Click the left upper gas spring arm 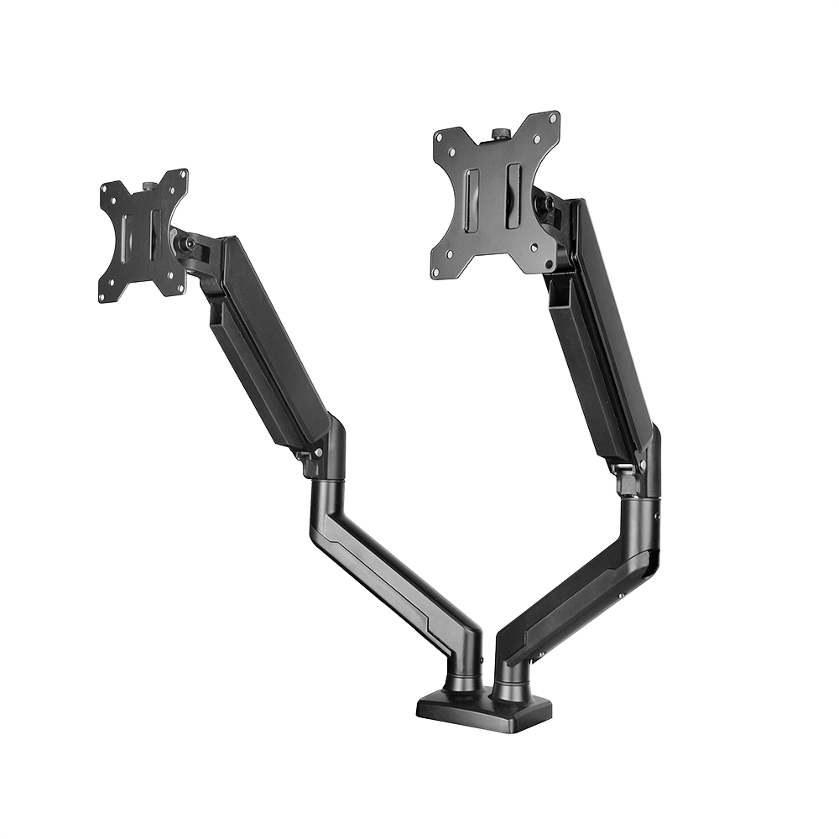(x=268, y=344)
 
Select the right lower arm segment (x=579, y=579)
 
